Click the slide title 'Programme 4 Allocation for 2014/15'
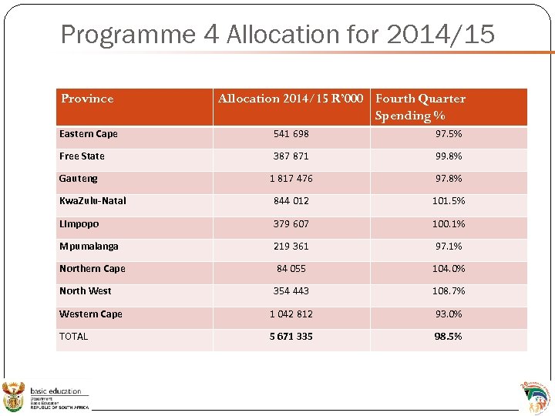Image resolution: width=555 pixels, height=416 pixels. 277,34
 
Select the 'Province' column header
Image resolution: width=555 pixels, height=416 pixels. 87,99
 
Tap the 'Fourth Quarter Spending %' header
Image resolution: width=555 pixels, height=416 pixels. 420,107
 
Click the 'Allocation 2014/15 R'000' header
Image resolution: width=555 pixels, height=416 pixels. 292,99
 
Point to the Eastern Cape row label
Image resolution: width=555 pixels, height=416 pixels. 89,134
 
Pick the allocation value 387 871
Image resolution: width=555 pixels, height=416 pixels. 291,156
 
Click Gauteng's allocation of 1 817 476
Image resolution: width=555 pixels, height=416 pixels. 291,179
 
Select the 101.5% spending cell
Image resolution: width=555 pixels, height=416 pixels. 449,201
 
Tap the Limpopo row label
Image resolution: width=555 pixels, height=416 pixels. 79,223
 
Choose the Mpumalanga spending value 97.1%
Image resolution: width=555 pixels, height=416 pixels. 449,247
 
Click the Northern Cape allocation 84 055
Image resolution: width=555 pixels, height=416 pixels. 291,269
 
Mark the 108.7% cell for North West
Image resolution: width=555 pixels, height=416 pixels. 449,291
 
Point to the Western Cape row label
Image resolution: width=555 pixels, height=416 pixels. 91,314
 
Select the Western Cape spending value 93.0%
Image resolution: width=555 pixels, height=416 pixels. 449,314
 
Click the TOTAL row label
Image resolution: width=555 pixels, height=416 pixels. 74,337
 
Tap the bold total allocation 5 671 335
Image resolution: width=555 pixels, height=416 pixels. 291,337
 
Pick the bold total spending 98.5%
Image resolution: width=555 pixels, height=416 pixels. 449,337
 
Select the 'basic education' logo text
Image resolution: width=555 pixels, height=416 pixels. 55,391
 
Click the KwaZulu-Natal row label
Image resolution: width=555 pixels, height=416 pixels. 92,201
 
